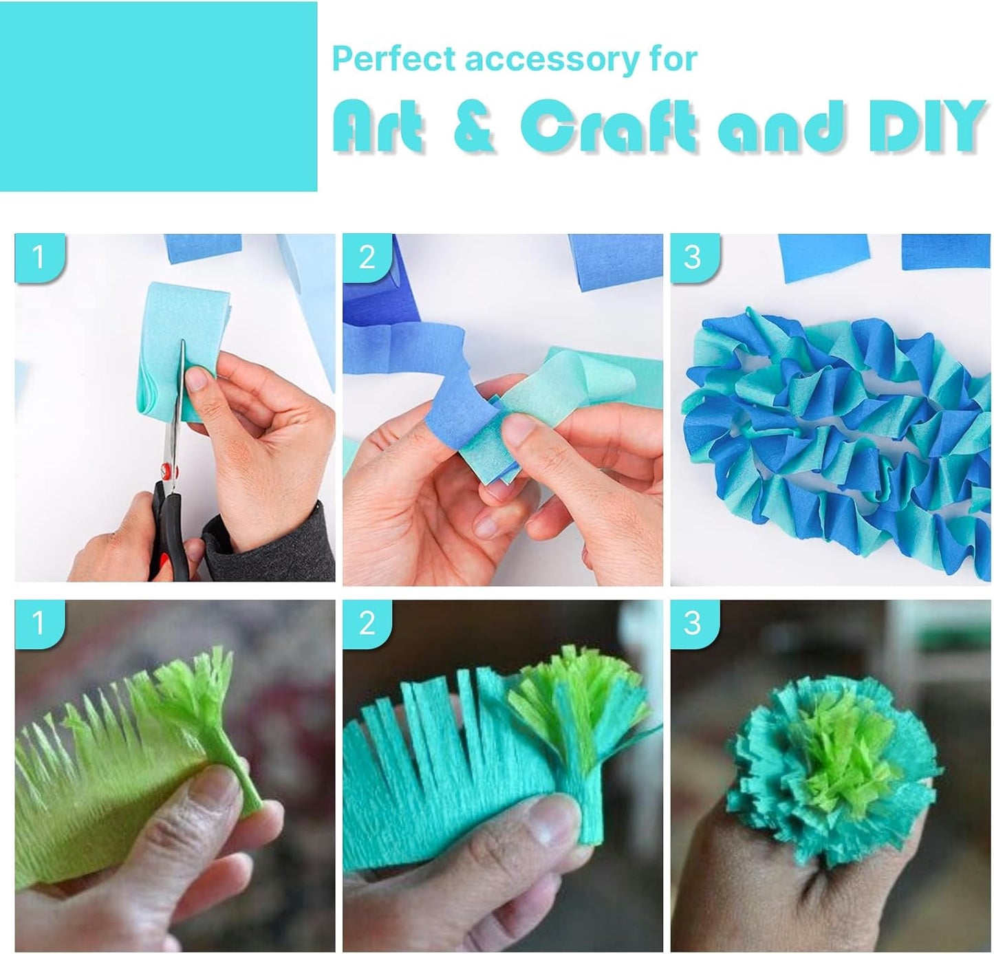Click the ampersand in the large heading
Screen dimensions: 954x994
[474, 127]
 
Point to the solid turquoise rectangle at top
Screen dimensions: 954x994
[158, 96]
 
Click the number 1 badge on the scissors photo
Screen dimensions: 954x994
[39, 257]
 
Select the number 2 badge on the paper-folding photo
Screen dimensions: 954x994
[367, 257]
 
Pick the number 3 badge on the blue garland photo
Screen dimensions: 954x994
[693, 257]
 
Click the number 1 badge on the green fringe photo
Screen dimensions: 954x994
[39, 623]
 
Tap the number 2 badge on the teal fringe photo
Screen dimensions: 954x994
[367, 623]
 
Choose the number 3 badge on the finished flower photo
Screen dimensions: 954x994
[693, 623]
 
